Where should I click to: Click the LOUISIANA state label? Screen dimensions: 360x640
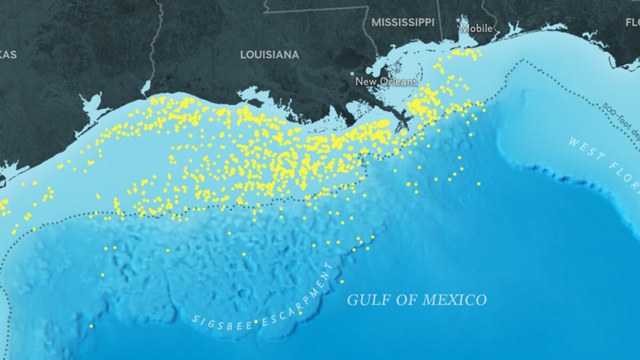(x=269, y=55)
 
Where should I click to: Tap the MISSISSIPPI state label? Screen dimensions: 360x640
(x=403, y=22)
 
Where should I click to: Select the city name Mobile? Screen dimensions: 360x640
(x=476, y=28)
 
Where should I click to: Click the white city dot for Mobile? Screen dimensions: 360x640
(x=459, y=20)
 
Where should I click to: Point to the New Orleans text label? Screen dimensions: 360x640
(x=386, y=82)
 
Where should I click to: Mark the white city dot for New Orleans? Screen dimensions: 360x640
(x=352, y=74)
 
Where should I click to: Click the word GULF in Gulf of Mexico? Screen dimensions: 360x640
(x=369, y=300)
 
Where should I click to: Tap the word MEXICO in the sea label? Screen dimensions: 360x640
(x=454, y=300)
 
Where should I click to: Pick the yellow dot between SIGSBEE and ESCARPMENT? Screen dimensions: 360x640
(x=256, y=322)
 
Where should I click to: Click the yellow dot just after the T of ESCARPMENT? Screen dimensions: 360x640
(x=342, y=282)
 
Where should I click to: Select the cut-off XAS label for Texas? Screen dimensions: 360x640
(x=8, y=54)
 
